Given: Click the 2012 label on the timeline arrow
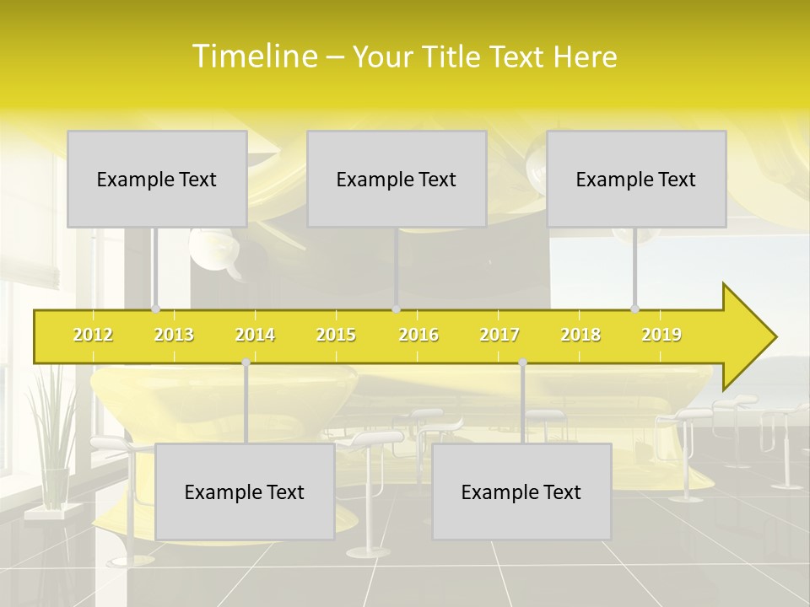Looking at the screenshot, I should [x=93, y=335].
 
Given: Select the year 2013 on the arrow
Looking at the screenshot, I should [x=174, y=335].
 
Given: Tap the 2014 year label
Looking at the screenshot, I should [x=255, y=335].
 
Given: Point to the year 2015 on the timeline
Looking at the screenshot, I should [x=336, y=335].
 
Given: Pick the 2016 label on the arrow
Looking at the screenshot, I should [x=418, y=335].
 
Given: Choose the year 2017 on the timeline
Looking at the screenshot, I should [x=499, y=335].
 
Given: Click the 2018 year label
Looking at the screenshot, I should [x=580, y=335].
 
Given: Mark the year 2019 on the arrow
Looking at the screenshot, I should [x=661, y=335].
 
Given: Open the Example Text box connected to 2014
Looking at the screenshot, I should [x=245, y=492].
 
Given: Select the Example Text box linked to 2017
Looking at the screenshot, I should [x=521, y=492].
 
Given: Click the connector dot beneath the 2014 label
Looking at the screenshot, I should [x=246, y=362].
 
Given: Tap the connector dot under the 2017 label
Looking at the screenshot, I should [x=522, y=362].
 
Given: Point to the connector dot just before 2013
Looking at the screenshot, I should [x=154, y=309].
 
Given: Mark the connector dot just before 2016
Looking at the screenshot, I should [x=396, y=309].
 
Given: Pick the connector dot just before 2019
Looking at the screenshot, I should [x=635, y=309].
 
